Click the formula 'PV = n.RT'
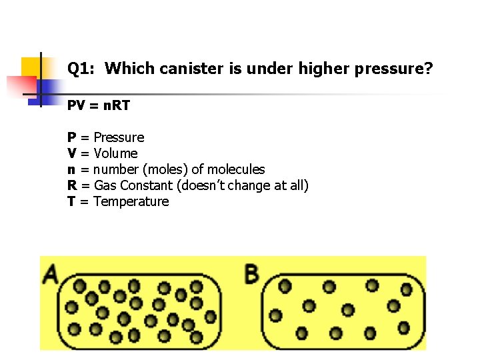(x=99, y=106)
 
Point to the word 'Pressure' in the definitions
(x=119, y=137)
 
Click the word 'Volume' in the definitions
(x=115, y=153)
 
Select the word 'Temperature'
(x=131, y=201)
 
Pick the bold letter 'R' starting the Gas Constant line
(x=71, y=185)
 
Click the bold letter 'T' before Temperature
(x=71, y=201)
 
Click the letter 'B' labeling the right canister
(x=252, y=273)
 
